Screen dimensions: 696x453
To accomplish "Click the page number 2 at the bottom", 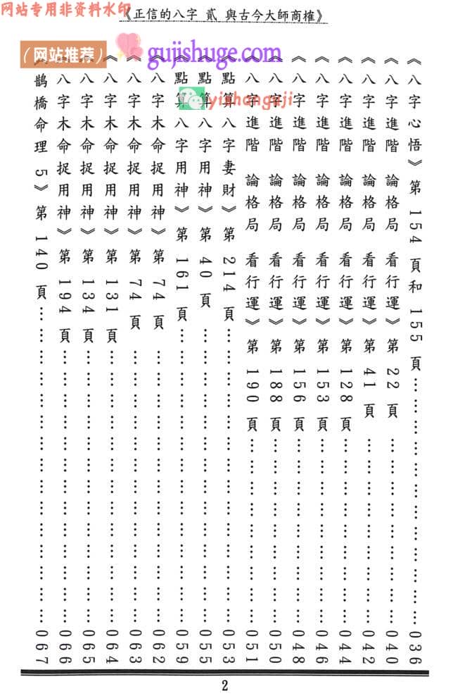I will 225,685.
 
